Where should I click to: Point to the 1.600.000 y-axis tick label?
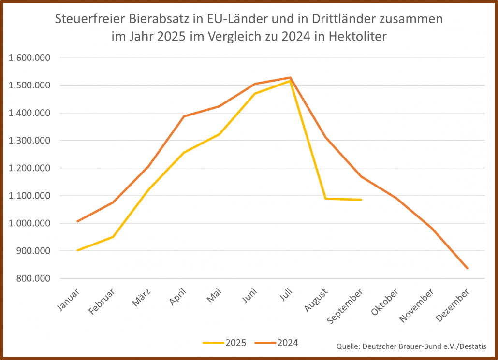[30, 58]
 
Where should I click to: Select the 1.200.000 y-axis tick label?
[30, 168]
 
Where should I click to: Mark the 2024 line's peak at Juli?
[290, 77]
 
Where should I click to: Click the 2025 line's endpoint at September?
[361, 200]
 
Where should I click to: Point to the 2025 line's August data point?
[326, 199]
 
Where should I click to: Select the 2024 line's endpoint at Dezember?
[468, 268]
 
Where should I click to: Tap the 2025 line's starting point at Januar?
[77, 250]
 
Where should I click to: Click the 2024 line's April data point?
[184, 116]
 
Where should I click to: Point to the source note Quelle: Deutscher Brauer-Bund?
[411, 346]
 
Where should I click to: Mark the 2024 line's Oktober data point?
[396, 198]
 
